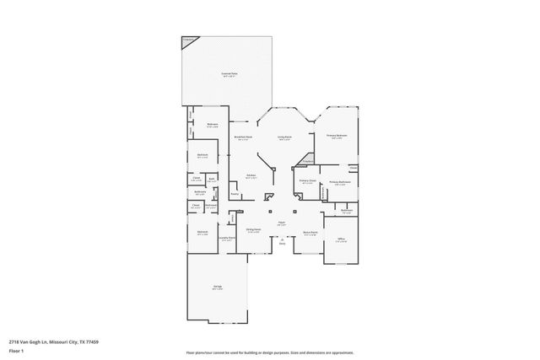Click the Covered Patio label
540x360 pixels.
(x=228, y=74)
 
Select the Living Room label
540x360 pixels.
(x=284, y=137)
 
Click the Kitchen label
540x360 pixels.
(x=250, y=176)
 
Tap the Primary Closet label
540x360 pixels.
(x=307, y=181)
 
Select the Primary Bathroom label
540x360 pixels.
(x=339, y=182)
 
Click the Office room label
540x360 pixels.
(x=341, y=239)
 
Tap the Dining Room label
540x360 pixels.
(x=253, y=229)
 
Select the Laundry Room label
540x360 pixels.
(x=226, y=239)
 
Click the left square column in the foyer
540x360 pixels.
(x=270, y=211)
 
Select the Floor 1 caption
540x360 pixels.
(x=16, y=349)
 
